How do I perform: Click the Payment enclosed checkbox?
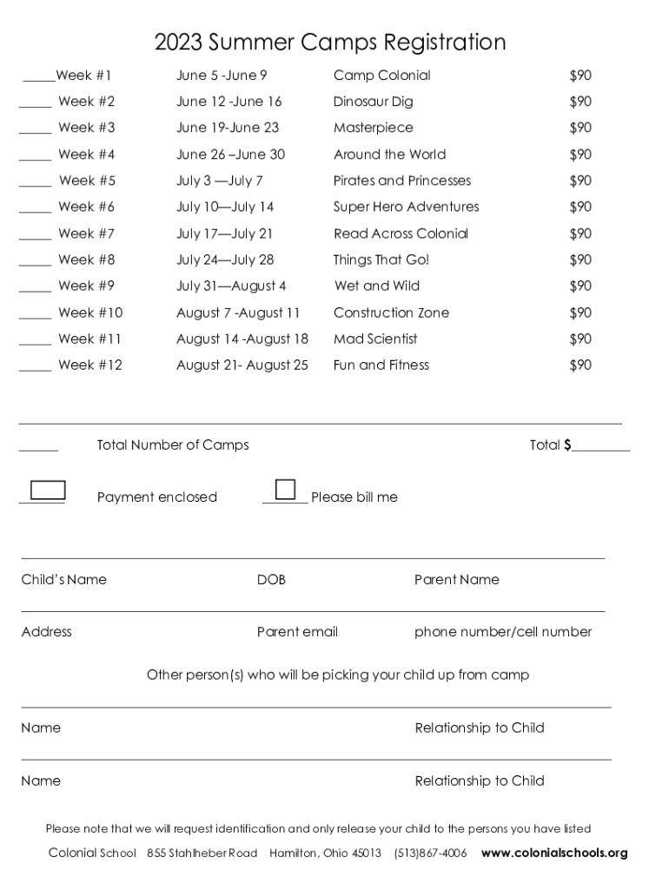tap(48, 490)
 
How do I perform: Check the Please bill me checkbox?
tap(285, 489)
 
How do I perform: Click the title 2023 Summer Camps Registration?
tap(330, 42)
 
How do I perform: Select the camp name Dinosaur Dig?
tap(374, 102)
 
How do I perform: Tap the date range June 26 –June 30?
tap(230, 155)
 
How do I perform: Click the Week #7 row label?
tap(86, 234)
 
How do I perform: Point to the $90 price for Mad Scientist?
tap(580, 339)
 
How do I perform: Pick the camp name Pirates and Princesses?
tap(402, 181)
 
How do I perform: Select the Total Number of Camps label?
tap(173, 445)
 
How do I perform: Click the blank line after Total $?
tap(600, 449)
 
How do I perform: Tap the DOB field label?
tap(271, 580)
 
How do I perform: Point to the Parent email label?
tap(297, 632)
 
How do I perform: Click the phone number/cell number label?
tap(503, 632)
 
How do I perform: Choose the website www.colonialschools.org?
tap(554, 853)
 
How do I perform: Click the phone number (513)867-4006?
tap(430, 853)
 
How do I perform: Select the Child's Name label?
tap(63, 580)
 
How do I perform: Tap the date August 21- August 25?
tap(242, 365)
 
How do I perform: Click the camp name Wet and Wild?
tap(377, 286)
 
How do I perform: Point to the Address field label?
tap(47, 632)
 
